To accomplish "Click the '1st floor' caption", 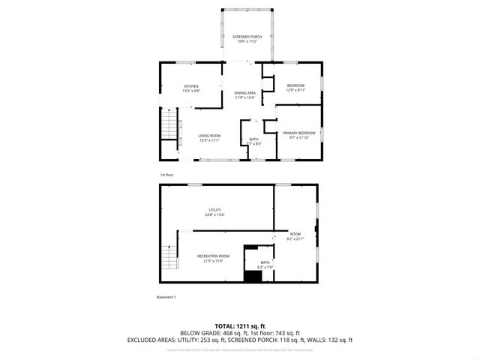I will (166, 175).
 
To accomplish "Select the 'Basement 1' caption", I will (166, 298).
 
